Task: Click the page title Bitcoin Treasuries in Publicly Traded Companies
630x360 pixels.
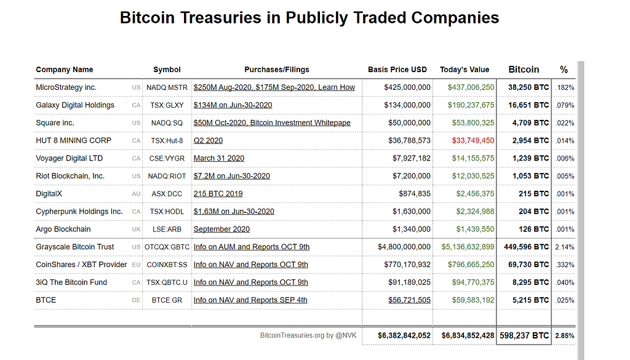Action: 309,17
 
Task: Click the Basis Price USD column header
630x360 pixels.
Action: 397,70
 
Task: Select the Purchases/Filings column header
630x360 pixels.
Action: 277,70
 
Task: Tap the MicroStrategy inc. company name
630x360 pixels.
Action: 66,87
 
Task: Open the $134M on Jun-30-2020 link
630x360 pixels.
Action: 233,105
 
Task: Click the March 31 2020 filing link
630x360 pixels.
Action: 219,158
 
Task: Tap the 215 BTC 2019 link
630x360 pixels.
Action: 218,194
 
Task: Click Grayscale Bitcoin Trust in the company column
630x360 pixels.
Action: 75,247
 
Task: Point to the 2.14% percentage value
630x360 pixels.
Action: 564,247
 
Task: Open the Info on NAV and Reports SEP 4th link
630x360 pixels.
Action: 250,300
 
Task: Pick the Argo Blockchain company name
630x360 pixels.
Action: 63,229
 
